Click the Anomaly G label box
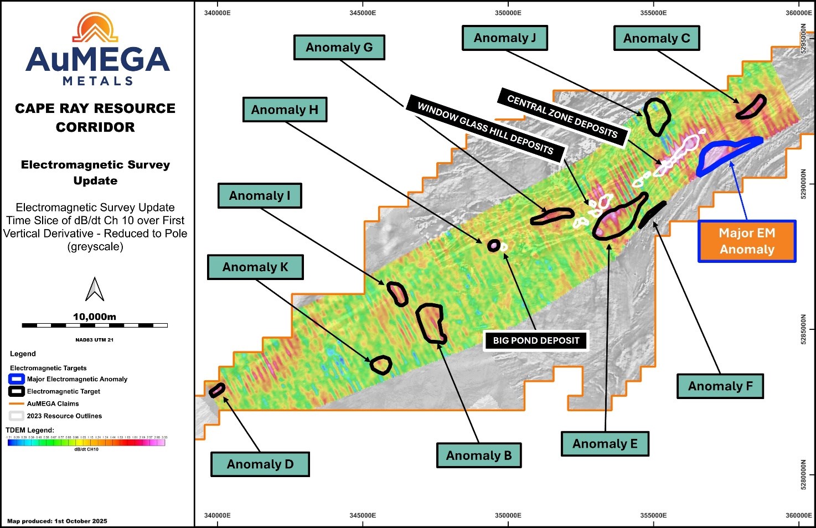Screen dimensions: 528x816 click(339, 48)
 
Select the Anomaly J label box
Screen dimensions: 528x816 click(504, 38)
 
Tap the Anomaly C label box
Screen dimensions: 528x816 click(657, 39)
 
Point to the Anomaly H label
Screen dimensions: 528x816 click(285, 110)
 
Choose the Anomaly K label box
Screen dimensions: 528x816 click(255, 267)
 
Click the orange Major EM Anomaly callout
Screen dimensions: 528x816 click(747, 241)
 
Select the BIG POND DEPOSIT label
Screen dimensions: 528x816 click(536, 340)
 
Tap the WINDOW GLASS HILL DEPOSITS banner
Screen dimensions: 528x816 click(485, 128)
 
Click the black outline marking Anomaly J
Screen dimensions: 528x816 click(657, 117)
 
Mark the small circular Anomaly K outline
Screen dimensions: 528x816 click(381, 365)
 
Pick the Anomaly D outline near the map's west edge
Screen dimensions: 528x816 click(216, 390)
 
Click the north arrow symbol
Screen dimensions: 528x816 click(95, 289)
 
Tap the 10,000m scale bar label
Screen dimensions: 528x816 click(95, 317)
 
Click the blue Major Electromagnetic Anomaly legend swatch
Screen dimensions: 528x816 click(17, 379)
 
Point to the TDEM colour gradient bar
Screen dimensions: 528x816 click(86, 443)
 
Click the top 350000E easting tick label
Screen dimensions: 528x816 click(508, 13)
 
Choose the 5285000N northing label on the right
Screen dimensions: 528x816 click(804, 330)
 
